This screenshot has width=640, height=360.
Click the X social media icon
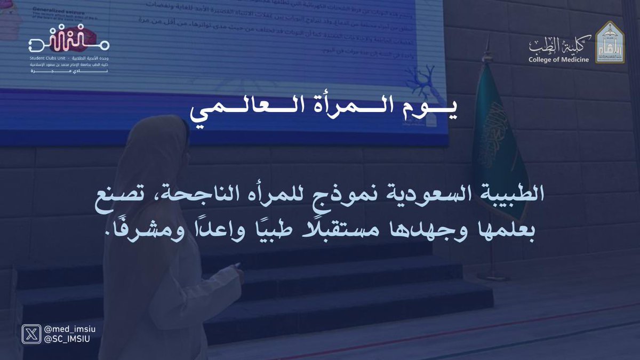coord(29,336)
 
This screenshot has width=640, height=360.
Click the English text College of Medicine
coord(558,60)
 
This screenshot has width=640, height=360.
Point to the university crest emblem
coord(608,43)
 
